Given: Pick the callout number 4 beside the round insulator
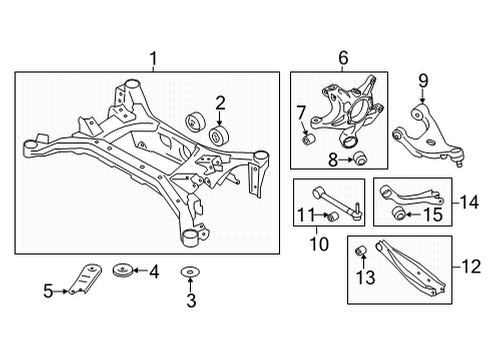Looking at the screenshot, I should pyautogui.click(x=154, y=269).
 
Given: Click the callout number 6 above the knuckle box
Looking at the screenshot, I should pyautogui.click(x=343, y=58).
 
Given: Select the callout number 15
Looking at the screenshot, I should pyautogui.click(x=434, y=213).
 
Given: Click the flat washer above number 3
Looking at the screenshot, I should pyautogui.click(x=188, y=272).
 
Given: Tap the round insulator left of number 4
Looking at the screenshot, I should pyautogui.click(x=125, y=268).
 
